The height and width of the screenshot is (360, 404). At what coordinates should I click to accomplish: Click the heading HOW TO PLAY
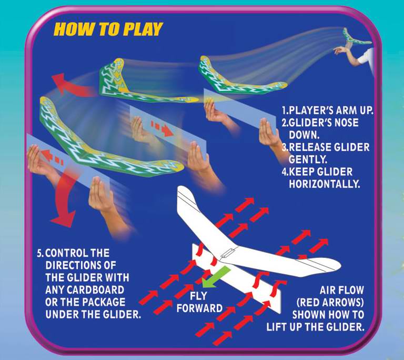108,29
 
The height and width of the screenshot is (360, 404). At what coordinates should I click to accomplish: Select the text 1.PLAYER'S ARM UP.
327,111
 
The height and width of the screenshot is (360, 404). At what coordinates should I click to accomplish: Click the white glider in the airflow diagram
247,237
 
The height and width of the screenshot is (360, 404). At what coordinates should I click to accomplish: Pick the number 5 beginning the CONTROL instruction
39,252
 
